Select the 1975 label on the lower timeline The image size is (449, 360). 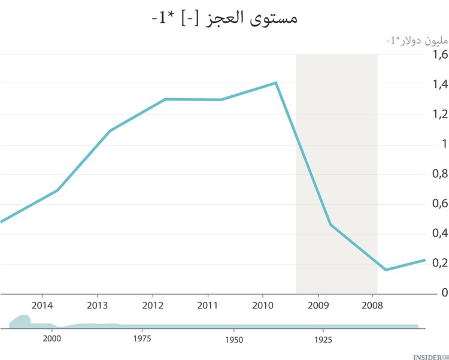(142, 338)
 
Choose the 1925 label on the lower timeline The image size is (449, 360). (323, 338)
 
